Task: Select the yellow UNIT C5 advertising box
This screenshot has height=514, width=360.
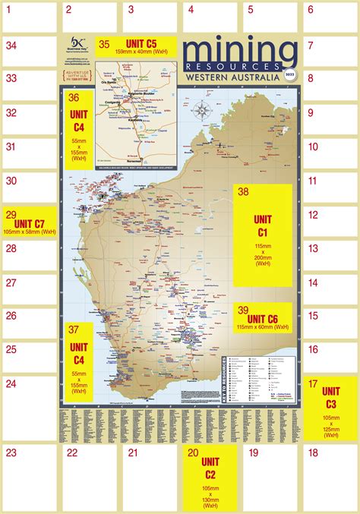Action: (137, 46)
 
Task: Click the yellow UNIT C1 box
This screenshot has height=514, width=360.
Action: (264, 235)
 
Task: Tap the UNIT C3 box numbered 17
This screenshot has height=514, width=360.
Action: (330, 408)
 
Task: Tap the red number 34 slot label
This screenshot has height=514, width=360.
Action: (11, 44)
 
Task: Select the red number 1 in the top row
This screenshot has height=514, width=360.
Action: (8, 10)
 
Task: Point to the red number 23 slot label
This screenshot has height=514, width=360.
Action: (11, 453)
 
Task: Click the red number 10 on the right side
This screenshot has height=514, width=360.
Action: (312, 147)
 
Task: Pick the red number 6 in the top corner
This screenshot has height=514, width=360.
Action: (310, 10)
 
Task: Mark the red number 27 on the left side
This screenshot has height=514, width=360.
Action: (11, 282)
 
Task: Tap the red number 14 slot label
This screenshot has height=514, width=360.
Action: (312, 282)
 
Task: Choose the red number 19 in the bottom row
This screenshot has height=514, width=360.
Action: (254, 453)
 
